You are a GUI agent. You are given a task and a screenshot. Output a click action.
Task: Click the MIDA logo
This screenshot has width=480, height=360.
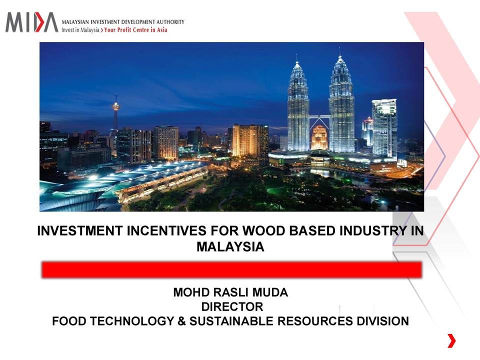pos(32,22)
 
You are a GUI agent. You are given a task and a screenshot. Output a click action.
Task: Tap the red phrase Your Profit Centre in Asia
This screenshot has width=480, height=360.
pos(135,29)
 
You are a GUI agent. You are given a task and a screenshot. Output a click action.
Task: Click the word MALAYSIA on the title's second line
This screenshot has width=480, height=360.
pos(230,246)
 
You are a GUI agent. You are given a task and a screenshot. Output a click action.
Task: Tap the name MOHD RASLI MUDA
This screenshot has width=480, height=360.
pos(230,292)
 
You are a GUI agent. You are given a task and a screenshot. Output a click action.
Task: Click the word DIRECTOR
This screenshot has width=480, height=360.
pos(232,306)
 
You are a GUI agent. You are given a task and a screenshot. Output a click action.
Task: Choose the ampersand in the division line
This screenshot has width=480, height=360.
pos(181,321)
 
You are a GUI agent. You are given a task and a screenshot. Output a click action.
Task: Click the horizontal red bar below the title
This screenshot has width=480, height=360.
pos(231,269)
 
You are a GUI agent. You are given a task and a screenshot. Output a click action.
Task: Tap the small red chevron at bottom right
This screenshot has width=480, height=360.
pos(451,341)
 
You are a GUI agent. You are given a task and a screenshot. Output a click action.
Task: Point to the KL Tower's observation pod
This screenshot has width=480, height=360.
pos(115,106)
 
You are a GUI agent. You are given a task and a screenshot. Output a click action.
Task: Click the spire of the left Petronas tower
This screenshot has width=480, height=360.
pos(296,57)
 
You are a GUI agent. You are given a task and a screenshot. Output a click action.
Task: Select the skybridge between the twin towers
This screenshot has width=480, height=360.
pos(319,116)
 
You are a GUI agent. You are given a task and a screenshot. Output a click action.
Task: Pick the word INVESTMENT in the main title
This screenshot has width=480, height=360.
pos(80,231)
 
